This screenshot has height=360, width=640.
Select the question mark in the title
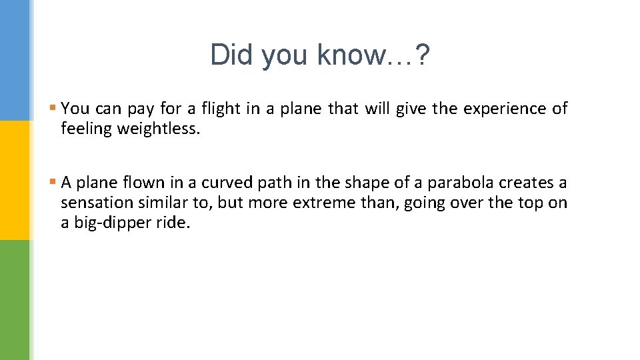pyautogui.click(x=423, y=55)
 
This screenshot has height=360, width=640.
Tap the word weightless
pyautogui.click(x=159, y=129)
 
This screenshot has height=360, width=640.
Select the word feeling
pyautogui.click(x=87, y=129)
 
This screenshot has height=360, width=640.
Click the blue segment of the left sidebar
pyautogui.click(x=15, y=60)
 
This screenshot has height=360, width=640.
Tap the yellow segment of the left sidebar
pyautogui.click(x=15, y=180)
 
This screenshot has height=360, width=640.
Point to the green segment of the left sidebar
pyautogui.click(x=15, y=300)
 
